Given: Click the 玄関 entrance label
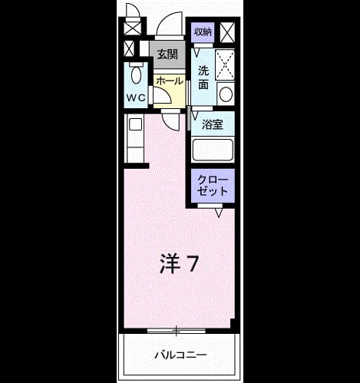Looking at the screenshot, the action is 167,54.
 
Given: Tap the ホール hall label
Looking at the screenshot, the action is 170,81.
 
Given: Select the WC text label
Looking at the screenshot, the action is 136,97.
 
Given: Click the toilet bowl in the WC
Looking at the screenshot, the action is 136,74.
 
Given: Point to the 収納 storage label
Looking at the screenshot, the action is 203,32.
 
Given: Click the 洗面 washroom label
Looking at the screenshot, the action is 203,78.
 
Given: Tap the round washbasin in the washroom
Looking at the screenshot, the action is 226,94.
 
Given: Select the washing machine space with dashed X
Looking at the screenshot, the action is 225,64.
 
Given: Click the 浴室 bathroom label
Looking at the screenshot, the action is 213,124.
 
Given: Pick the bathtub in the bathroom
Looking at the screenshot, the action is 213,150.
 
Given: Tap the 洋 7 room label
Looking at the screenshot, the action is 179,263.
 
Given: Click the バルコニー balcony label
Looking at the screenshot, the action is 180,355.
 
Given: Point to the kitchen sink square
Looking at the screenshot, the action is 135,125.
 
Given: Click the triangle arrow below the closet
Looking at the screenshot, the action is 219,213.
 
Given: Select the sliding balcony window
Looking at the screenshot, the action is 177,331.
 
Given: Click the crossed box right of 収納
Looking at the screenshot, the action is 227,32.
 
